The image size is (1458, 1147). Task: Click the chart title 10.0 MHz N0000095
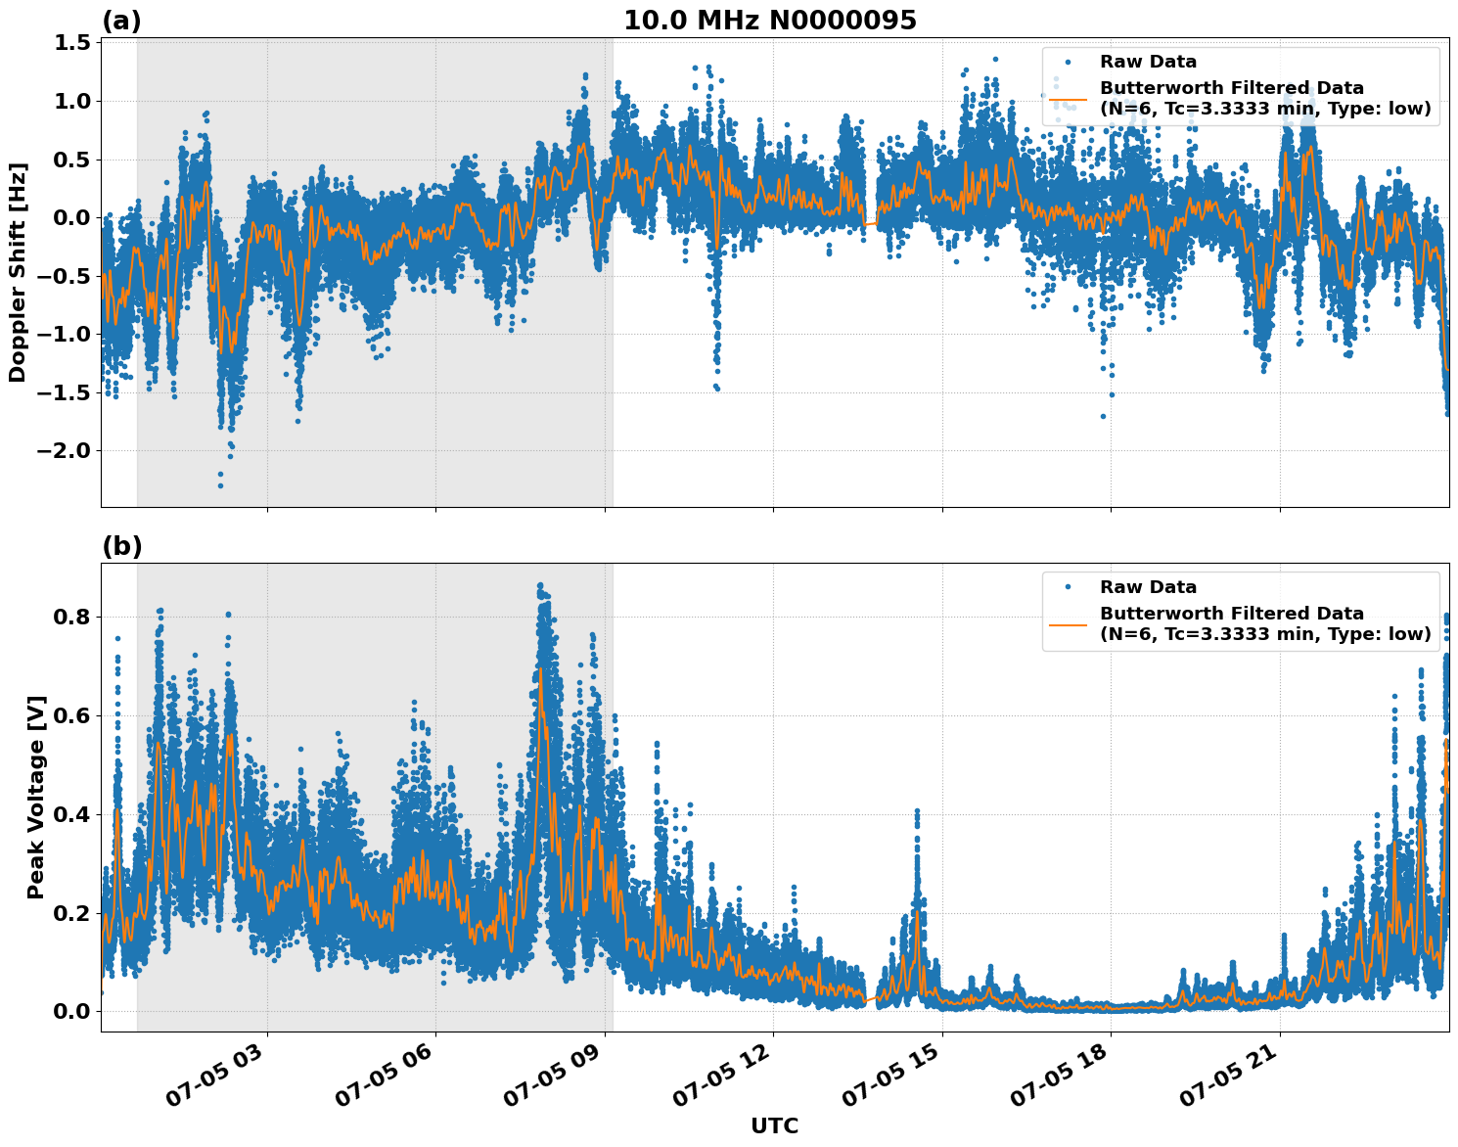coord(770,21)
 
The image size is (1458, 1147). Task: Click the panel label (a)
coord(121,22)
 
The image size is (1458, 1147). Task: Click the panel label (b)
coord(121,547)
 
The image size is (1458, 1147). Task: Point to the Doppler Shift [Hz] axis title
coord(18,272)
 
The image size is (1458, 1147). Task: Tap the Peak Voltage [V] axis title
coord(36,798)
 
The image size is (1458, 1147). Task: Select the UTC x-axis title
coord(774,1126)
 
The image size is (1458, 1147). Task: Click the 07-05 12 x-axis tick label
coord(728,1080)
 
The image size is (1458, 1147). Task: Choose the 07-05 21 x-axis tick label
coord(1235,1080)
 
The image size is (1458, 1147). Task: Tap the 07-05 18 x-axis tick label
coord(1066,1080)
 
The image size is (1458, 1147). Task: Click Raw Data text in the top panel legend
coord(1148,62)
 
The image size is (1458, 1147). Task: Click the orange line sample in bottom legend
coord(1068,624)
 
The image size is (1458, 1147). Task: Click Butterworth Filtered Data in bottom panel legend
coord(1231,614)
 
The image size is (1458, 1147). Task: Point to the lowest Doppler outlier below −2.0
coord(220,485)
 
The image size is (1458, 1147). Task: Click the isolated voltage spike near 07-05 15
coord(917,812)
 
